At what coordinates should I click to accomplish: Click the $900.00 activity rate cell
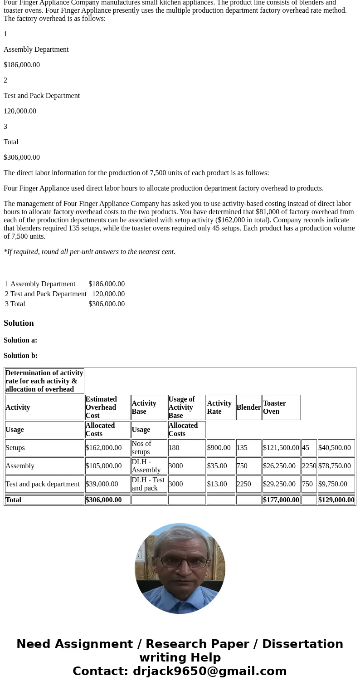click(x=220, y=448)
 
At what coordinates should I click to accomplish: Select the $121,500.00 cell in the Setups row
click(x=281, y=448)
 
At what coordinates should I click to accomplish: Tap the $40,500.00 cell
click(x=336, y=448)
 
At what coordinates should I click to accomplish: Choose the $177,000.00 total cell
click(x=281, y=500)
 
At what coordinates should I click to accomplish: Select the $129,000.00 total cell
click(x=336, y=500)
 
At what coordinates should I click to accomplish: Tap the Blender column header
click(x=248, y=407)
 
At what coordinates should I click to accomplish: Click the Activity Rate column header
click(x=220, y=407)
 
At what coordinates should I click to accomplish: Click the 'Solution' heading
click(x=19, y=323)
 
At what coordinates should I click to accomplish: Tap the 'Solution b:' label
click(x=20, y=356)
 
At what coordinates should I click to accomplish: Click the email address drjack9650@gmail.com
click(x=209, y=671)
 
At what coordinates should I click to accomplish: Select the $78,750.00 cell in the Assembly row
click(x=336, y=466)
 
